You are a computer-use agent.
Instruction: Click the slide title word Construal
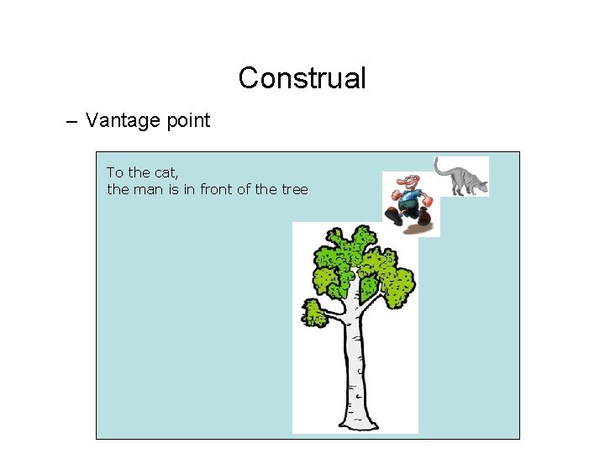click(x=302, y=78)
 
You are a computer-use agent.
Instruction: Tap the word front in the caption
click(x=216, y=189)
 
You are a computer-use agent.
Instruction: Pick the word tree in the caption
click(x=294, y=189)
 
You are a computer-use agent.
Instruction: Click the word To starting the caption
click(x=114, y=172)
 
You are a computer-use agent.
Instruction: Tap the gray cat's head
click(x=481, y=186)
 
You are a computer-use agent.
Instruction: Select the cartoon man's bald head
click(x=408, y=181)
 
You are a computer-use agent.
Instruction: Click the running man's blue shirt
click(x=411, y=199)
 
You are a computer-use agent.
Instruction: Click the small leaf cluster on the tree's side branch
click(x=314, y=314)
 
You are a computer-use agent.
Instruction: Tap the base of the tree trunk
click(x=354, y=420)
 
